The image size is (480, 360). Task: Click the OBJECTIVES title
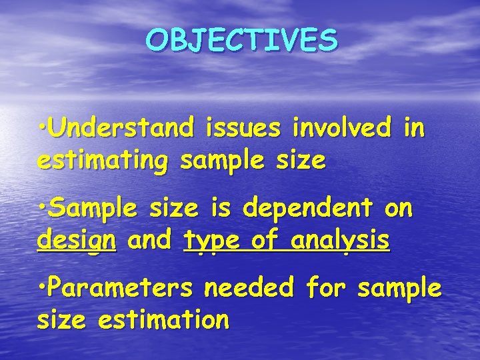[242, 41]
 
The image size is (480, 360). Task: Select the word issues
[245, 127]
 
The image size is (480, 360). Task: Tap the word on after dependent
[399, 209]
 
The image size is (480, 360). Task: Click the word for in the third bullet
[323, 289]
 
